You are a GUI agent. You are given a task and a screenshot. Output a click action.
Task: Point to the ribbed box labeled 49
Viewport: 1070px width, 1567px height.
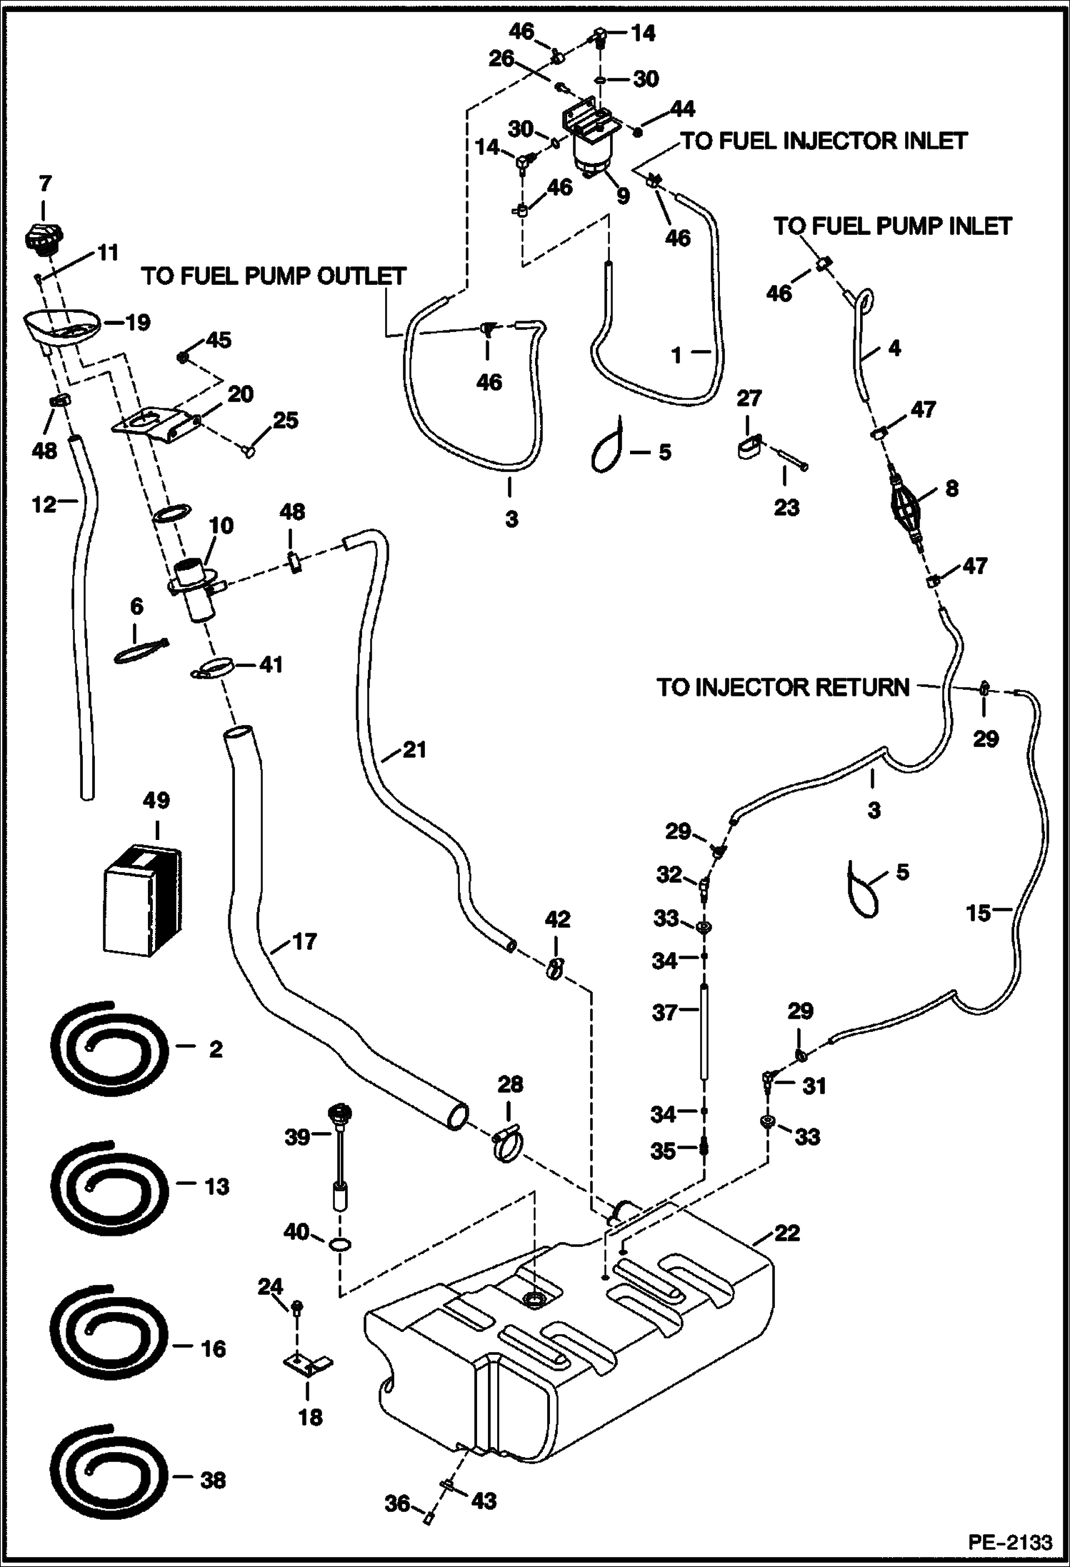click(x=141, y=901)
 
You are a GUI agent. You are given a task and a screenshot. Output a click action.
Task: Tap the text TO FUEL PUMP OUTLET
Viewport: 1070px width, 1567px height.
click(x=274, y=276)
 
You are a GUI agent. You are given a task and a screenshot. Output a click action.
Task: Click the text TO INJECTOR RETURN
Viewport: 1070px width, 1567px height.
click(x=783, y=688)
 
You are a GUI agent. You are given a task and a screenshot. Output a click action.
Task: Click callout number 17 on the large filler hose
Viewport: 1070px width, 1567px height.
click(x=305, y=942)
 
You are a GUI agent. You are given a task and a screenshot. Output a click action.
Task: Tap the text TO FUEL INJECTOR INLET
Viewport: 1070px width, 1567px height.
click(x=824, y=141)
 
